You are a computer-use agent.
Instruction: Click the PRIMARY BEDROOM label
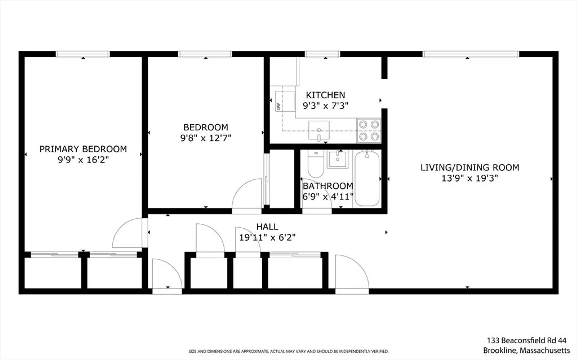[83, 149]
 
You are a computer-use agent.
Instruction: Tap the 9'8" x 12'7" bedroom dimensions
[206, 138]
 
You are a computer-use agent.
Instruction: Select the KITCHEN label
[325, 95]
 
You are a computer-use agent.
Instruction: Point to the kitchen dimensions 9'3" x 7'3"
[325, 106]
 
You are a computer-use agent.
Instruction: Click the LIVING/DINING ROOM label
[470, 167]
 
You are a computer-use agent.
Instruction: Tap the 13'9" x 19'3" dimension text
[470, 178]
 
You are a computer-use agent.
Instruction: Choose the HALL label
[267, 227]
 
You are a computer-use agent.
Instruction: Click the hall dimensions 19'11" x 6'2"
[267, 237]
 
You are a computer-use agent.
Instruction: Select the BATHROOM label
[328, 186]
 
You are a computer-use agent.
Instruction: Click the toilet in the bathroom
[316, 164]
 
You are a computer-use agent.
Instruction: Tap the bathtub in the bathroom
[367, 178]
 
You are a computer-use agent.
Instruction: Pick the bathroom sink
[337, 159]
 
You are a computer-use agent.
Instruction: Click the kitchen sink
[319, 130]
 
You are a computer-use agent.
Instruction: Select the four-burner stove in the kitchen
[369, 130]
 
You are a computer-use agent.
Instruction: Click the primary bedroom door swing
[127, 233]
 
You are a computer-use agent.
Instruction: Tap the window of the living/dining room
[471, 54]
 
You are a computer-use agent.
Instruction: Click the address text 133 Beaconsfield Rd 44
[527, 340]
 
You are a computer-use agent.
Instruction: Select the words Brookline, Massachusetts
[527, 350]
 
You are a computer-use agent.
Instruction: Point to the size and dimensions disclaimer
[288, 351]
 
